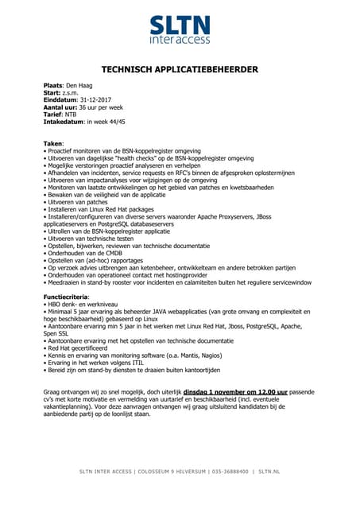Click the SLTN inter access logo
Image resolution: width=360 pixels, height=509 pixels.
tap(180, 28)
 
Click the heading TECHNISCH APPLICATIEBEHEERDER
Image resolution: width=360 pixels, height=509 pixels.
tap(180, 70)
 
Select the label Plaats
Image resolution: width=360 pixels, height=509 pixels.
tap(56, 84)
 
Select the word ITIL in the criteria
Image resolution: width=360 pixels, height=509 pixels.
tap(129, 362)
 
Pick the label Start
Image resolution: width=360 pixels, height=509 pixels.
tap(52, 91)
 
